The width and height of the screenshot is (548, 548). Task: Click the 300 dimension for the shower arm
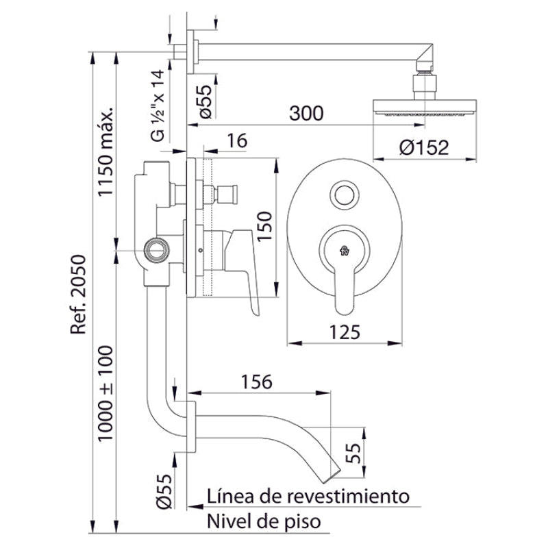click(x=306, y=114)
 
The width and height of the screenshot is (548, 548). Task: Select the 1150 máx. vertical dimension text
click(x=106, y=152)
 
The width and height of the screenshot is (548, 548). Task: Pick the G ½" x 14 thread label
click(x=158, y=105)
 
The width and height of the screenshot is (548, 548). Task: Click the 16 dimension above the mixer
click(x=236, y=141)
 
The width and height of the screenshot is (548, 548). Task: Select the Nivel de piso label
click(x=264, y=522)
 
